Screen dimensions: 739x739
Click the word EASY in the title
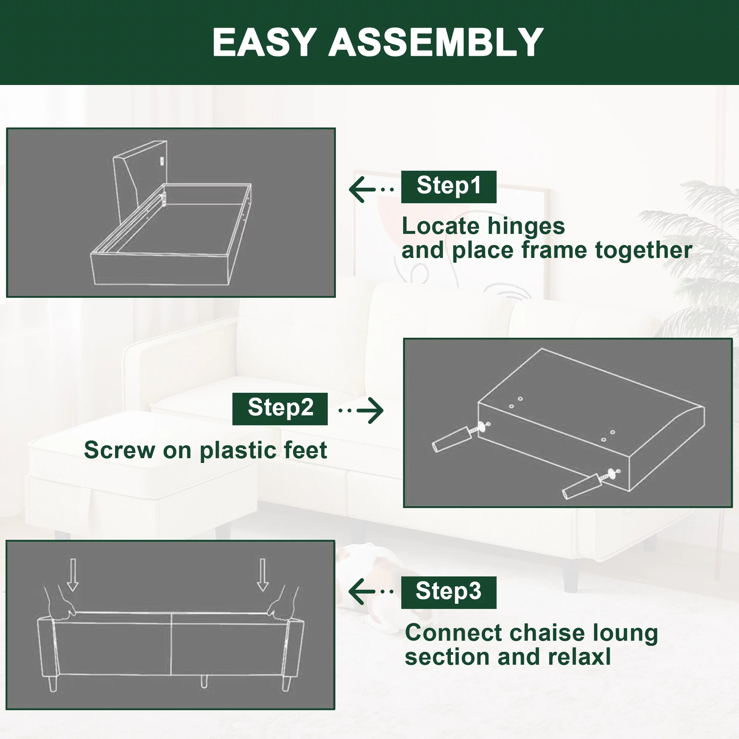(264, 42)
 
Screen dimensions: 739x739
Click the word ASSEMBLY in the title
(436, 42)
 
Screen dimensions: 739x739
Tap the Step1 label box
(449, 187)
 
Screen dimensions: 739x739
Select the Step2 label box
(280, 409)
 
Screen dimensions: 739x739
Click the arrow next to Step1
(371, 189)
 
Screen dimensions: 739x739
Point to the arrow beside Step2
(361, 411)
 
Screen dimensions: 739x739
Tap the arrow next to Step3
(371, 591)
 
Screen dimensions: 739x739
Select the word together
(644, 251)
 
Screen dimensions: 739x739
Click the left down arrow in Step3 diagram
(73, 575)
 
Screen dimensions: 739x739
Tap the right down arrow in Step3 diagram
(262, 575)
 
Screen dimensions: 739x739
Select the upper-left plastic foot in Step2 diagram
(452, 439)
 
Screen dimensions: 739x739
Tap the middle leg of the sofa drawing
(204, 681)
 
